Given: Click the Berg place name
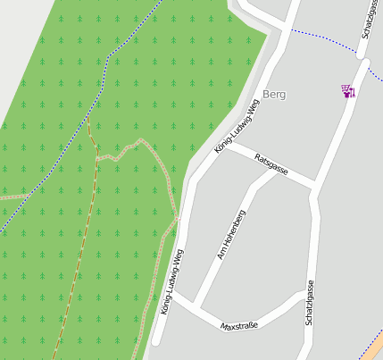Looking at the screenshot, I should (x=275, y=95).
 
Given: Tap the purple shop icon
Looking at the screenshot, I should (x=347, y=90).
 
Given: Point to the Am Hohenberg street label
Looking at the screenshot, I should (x=231, y=235).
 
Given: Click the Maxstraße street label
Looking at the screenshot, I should (x=239, y=325).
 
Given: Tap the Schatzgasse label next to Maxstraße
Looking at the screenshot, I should (x=310, y=303).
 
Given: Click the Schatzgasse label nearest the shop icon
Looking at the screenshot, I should (x=368, y=20).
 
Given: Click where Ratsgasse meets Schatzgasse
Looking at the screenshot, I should (x=314, y=188).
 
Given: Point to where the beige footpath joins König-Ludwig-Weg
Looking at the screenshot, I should (x=178, y=218).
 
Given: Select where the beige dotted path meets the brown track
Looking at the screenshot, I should (x=96, y=158).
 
